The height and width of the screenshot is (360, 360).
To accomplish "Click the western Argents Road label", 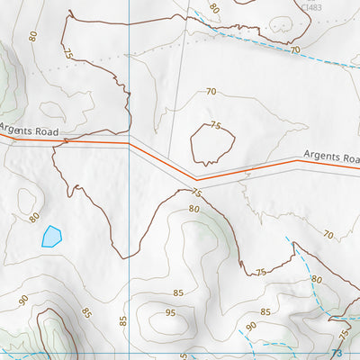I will point(30,130).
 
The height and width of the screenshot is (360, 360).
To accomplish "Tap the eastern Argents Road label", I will point(329,157).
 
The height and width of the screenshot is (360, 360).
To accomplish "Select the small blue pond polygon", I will point(51,237).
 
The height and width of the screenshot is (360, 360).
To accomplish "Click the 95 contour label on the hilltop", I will point(169,313).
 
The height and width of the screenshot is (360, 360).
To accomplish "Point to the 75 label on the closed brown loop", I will point(216,126).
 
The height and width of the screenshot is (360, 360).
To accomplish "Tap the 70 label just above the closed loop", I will point(211,92).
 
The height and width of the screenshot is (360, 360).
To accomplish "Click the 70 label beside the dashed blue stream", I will point(294,50).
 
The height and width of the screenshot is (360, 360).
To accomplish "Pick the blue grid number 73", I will point(337,354).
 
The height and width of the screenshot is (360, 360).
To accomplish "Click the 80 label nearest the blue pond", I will point(34,217).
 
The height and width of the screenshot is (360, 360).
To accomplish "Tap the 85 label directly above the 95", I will point(178,292).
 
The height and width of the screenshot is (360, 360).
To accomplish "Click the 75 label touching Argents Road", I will point(196,192).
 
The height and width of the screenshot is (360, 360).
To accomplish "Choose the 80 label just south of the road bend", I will point(193,210).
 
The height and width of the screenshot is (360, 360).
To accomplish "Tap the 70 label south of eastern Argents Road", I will point(328,235).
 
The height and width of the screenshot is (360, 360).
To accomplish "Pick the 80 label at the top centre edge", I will point(213,7).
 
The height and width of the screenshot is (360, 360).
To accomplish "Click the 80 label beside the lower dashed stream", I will point(316,279).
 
